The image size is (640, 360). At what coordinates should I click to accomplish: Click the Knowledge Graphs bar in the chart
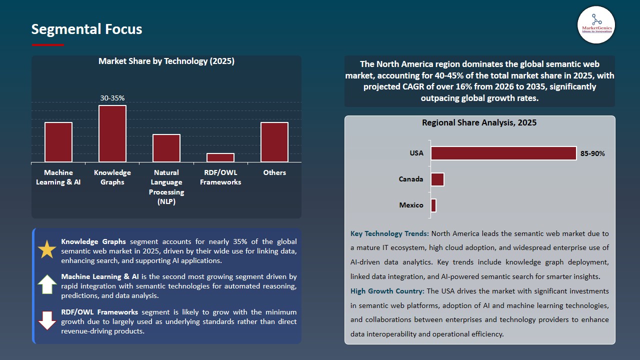click(112, 133)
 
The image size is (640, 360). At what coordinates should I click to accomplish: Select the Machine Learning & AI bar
click(58, 142)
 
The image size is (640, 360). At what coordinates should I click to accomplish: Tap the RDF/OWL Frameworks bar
click(220, 157)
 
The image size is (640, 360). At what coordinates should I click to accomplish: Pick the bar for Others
click(274, 142)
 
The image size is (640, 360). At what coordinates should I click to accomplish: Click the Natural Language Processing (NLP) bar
click(166, 148)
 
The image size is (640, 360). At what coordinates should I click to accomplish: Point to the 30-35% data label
click(112, 98)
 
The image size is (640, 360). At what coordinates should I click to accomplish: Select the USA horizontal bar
click(503, 153)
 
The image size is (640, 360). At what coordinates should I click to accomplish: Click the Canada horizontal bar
click(437, 179)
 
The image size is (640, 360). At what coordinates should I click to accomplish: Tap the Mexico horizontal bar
click(433, 205)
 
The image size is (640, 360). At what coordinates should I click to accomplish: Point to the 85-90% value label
click(592, 154)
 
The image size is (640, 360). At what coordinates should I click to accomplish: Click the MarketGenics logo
click(596, 24)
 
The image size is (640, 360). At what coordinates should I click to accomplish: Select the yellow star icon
click(47, 249)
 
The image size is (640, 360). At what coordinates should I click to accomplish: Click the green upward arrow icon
click(47, 284)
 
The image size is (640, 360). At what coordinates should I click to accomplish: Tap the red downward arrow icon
click(47, 320)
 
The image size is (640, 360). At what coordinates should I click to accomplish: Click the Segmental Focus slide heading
click(86, 29)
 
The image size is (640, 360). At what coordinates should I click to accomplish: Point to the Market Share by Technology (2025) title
click(166, 61)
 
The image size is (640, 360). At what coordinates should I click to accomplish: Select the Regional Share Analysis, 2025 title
click(479, 123)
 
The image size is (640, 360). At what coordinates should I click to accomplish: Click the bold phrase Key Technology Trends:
click(389, 233)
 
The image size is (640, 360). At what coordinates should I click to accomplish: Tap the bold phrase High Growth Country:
click(387, 291)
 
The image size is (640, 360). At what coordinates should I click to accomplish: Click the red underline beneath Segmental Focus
click(48, 45)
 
